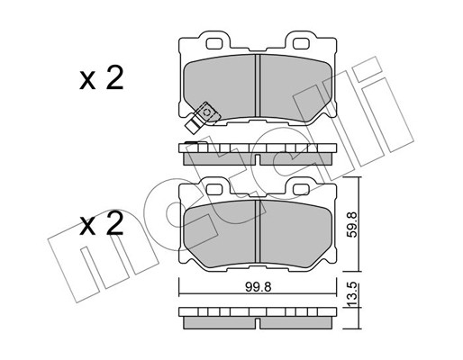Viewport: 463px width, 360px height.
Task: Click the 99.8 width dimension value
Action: (x=259, y=287)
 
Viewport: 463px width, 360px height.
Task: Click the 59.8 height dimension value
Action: (x=352, y=225)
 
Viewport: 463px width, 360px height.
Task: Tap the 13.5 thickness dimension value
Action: (x=353, y=294)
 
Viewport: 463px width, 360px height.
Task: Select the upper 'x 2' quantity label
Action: (x=102, y=78)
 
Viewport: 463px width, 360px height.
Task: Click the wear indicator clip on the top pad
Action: (x=202, y=116)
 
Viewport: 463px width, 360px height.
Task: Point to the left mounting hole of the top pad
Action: (x=213, y=44)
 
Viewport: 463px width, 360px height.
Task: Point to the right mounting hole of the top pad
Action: (x=301, y=44)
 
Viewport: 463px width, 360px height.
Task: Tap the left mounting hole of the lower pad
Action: (x=213, y=190)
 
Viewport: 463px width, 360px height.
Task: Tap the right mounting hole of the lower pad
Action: (x=301, y=190)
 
